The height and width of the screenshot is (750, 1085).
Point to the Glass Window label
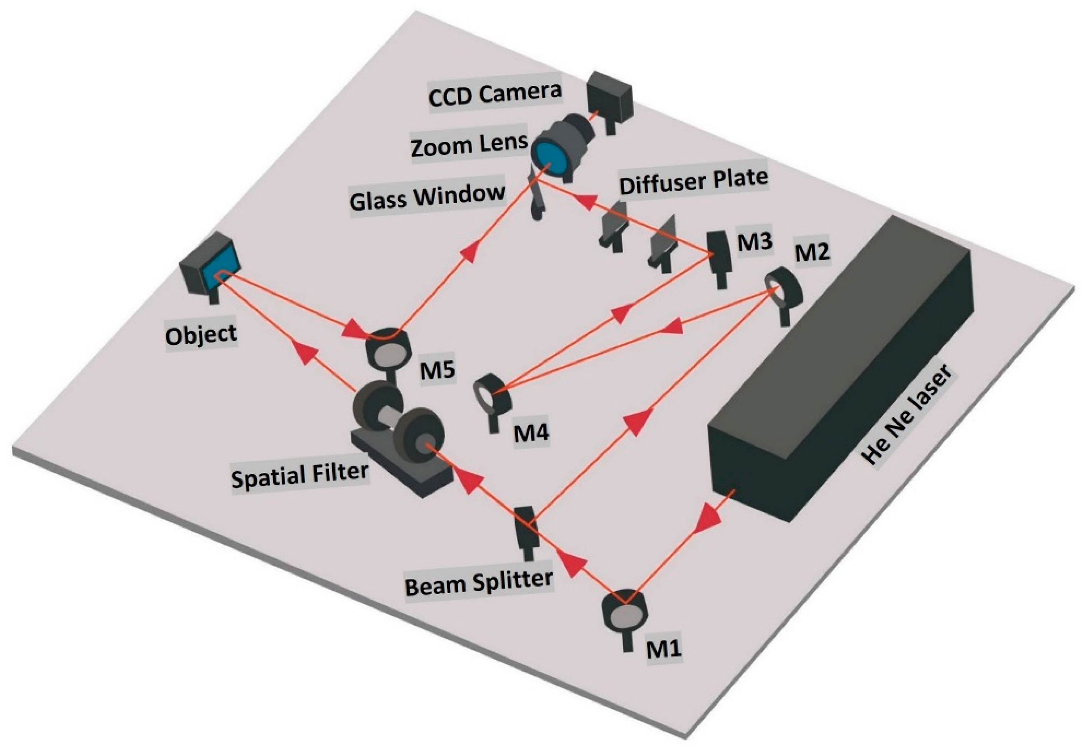coord(427,197)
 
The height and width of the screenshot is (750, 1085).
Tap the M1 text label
coord(663,649)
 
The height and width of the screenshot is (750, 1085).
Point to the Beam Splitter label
coord(478,583)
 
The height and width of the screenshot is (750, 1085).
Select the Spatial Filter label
coord(299,475)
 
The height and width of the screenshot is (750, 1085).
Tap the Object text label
coord(201,335)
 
